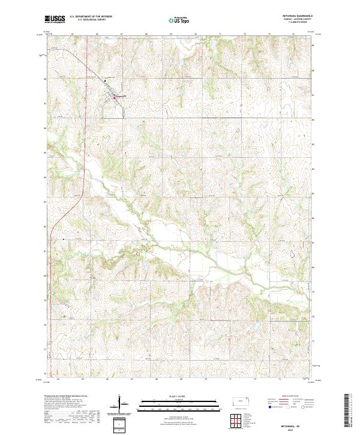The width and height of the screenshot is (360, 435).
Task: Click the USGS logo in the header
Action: pyautogui.click(x=55, y=19)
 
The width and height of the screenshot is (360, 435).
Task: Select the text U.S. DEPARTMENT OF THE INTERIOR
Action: pyautogui.click(x=91, y=17)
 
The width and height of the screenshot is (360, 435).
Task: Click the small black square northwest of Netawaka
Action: pyautogui.click(x=106, y=79)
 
